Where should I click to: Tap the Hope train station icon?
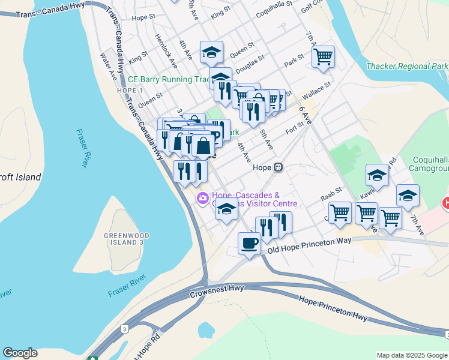click(279, 168)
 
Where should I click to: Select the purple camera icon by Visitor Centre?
click(203, 198)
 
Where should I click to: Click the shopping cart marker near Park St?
click(323, 57)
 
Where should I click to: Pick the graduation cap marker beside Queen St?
click(211, 53)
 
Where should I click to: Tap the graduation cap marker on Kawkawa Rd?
click(377, 175)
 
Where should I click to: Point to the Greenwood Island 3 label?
click(124, 238)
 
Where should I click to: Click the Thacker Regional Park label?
click(407, 66)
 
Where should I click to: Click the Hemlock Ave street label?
click(166, 50)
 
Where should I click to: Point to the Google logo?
click(20, 353)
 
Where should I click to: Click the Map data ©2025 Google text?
click(412, 355)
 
